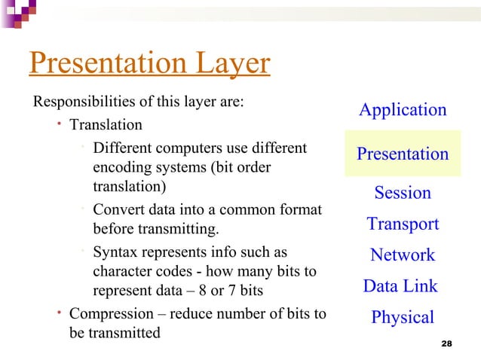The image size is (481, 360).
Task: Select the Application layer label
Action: click(x=403, y=110)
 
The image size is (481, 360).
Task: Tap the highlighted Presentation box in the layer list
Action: click(x=403, y=154)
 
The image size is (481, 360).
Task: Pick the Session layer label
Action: click(x=403, y=193)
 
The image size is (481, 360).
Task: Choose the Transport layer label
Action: click(x=403, y=224)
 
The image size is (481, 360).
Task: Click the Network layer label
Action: click(x=403, y=255)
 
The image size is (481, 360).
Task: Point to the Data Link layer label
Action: click(x=400, y=286)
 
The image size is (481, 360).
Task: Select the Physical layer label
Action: click(x=403, y=318)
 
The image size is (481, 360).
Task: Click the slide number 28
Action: click(x=445, y=343)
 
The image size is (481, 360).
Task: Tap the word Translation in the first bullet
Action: click(x=106, y=124)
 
